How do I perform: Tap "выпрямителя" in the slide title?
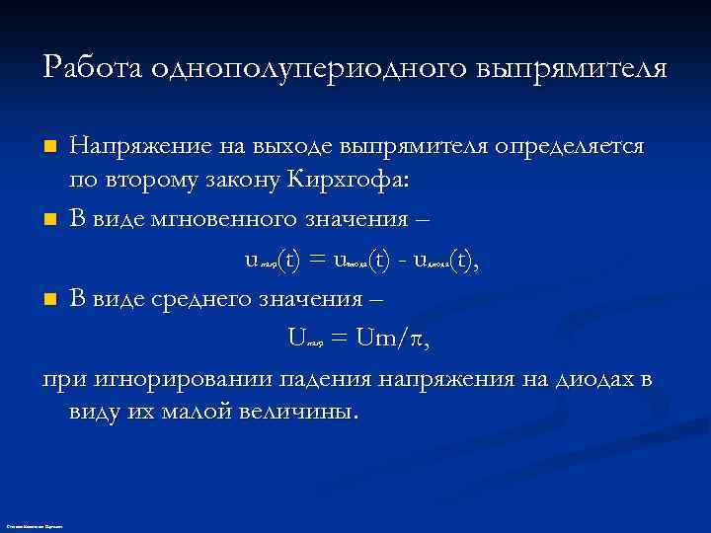[x=573, y=68]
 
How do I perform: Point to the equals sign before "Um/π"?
[x=338, y=339]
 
